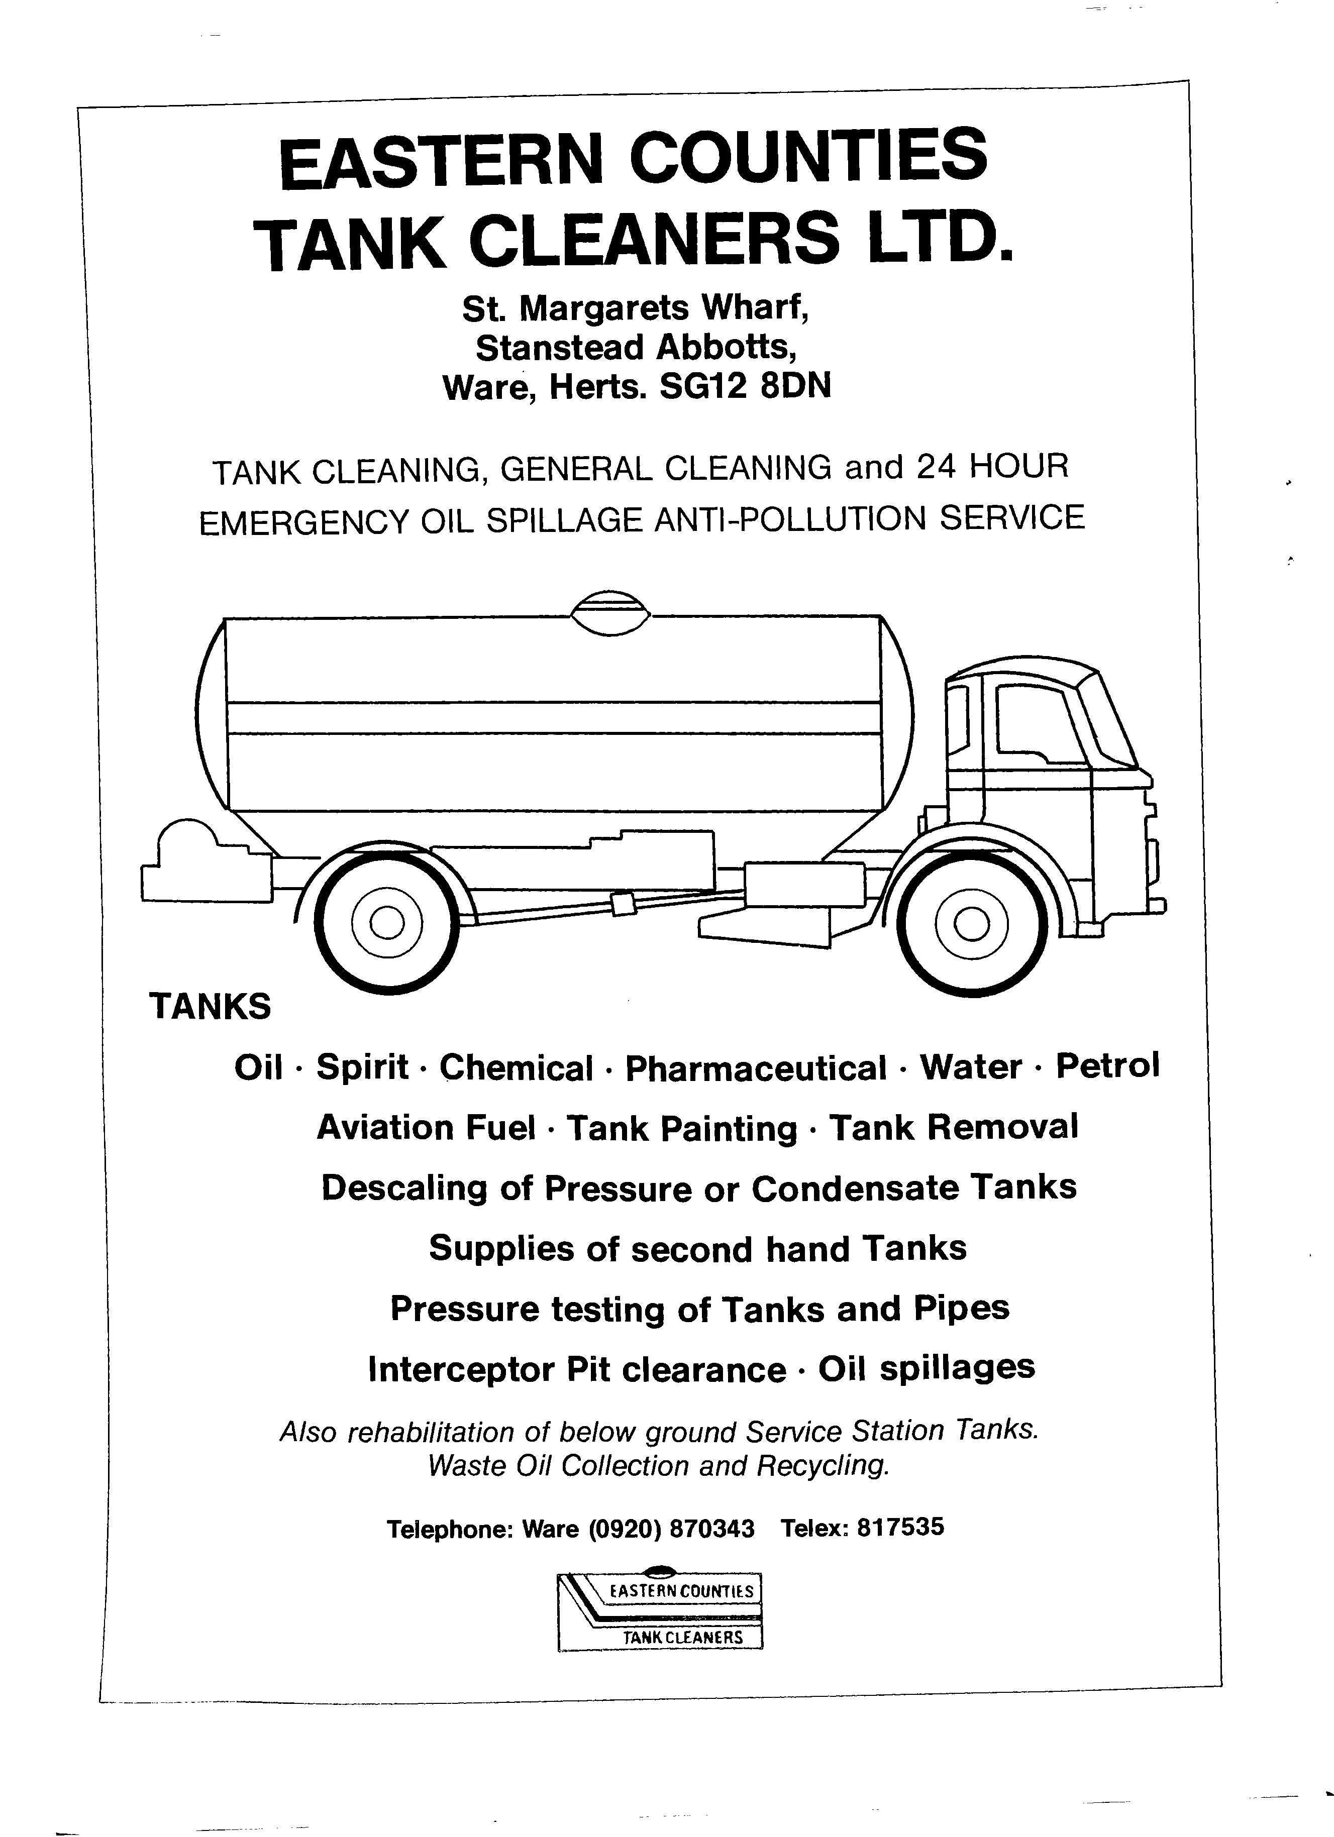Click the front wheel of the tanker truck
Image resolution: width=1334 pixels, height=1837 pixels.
(x=973, y=923)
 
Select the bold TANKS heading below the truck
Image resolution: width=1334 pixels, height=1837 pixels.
(x=211, y=1007)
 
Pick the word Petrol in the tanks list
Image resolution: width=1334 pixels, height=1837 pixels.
(x=1107, y=1065)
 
